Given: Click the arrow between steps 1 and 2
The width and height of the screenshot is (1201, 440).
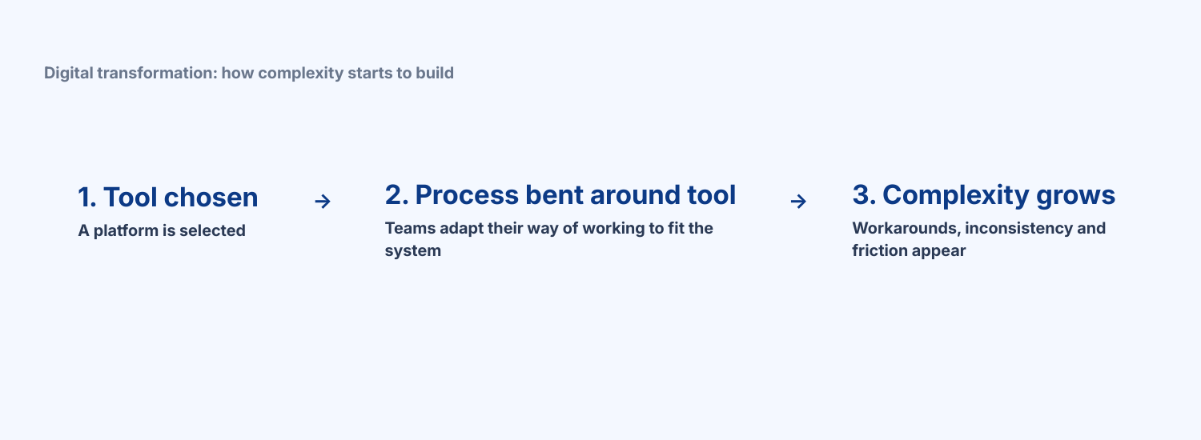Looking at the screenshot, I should click(322, 202).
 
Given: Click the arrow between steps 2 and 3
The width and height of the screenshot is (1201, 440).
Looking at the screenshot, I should click(797, 202).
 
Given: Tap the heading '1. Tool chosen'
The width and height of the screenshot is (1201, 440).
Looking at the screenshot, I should click(168, 198).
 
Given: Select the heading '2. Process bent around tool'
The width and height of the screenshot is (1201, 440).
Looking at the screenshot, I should click(560, 195).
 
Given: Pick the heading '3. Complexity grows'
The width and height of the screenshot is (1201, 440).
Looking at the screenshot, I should click(983, 195).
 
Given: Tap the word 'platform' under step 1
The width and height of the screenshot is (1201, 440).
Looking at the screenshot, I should click(123, 231).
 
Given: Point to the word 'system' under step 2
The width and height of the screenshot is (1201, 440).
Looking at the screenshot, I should click(412, 251).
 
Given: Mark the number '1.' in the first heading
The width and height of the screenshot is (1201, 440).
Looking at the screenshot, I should click(86, 198).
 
